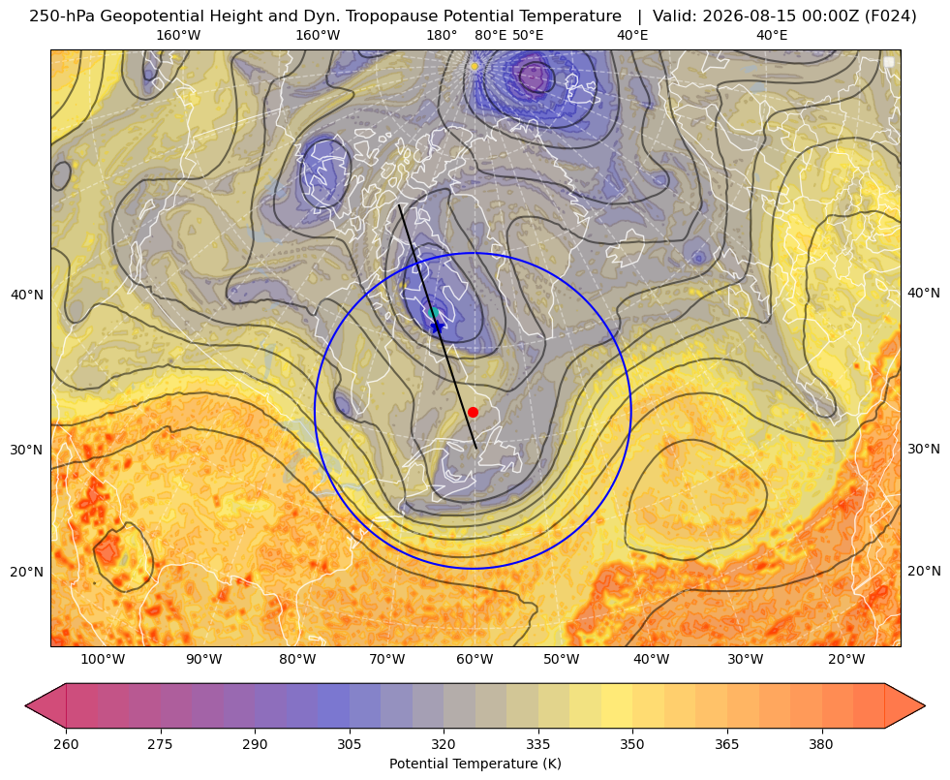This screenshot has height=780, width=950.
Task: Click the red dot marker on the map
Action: [x=474, y=412]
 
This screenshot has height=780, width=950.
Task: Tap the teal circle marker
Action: [x=433, y=313]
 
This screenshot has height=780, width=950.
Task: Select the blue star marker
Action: [x=437, y=327]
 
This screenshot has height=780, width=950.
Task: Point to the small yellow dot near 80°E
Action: [x=475, y=66]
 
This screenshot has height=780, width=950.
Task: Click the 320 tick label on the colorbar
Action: [x=444, y=744]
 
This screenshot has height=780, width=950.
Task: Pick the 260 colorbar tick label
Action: [x=66, y=744]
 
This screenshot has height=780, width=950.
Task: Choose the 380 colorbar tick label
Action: [x=821, y=744]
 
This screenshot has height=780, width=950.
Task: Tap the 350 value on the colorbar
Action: [x=632, y=744]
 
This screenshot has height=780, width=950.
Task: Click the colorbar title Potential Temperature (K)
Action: [x=475, y=764]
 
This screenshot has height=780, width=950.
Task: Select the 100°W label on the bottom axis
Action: [x=103, y=660]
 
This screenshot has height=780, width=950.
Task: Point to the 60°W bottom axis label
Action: [x=475, y=660]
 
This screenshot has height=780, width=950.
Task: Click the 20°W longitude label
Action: [x=846, y=660]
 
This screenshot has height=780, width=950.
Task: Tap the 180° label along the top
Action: [x=442, y=35]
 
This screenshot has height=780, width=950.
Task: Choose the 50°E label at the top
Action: [x=528, y=35]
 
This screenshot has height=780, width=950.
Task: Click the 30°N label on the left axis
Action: [x=26, y=450]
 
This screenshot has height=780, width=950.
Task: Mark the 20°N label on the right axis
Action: [x=924, y=571]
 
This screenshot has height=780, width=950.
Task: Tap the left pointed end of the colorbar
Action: [x=25, y=705]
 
